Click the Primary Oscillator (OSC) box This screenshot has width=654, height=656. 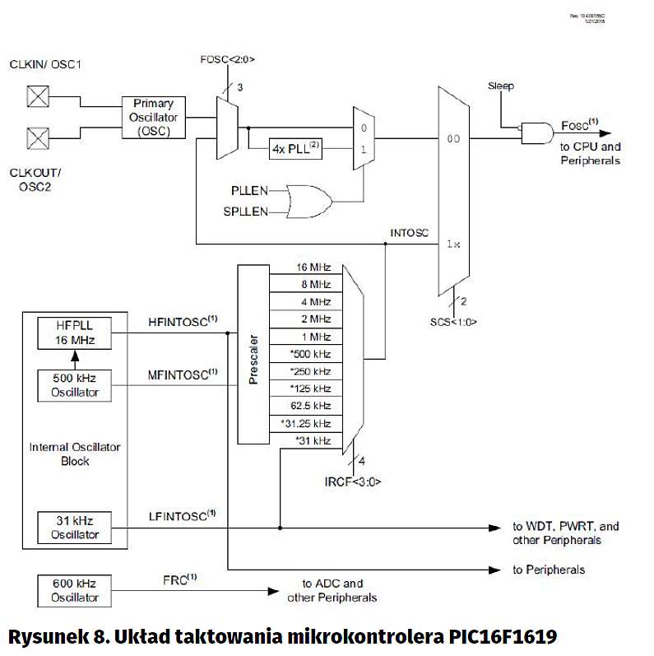pos(155,118)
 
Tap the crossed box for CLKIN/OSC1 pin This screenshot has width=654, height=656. pos(37,97)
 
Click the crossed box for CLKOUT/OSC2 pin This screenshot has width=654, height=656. pos(37,136)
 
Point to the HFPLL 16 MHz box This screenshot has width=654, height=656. pos(74,333)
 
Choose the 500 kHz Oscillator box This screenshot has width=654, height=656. pos(74,384)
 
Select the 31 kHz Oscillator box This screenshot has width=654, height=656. pos(74,527)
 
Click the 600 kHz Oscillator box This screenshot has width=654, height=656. pos(74,591)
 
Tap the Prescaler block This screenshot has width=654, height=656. pos(253,354)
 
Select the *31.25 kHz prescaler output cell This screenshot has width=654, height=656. pos(309,423)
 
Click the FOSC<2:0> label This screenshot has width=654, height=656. pos(228,59)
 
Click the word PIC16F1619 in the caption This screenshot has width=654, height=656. pos(503,637)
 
